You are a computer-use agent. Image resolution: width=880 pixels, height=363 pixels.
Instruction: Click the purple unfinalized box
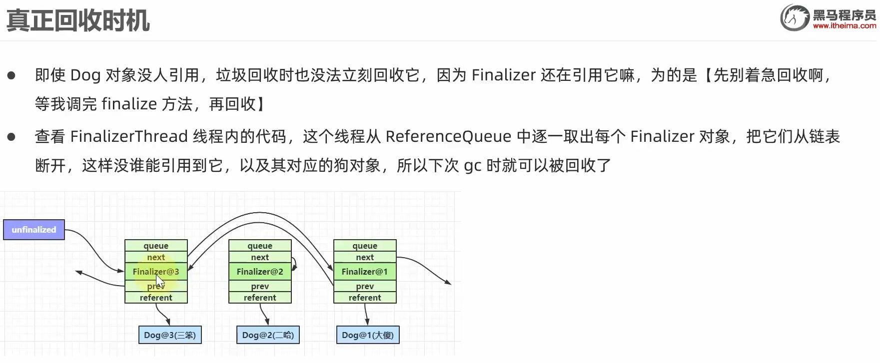pos(34,230)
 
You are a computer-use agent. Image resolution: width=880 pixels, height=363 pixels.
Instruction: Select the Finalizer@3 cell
pos(156,272)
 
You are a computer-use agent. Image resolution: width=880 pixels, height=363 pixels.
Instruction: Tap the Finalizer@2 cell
pos(260,272)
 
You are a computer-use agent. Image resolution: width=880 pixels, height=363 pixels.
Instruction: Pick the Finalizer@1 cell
pos(365,272)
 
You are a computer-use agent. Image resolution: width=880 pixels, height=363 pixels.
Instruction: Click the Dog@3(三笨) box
pos(170,335)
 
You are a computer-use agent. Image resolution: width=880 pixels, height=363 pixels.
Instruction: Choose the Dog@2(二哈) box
pos(268,335)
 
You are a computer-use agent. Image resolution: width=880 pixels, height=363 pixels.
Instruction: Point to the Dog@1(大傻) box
pos(368,335)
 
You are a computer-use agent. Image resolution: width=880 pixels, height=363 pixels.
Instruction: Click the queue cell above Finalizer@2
pos(260,246)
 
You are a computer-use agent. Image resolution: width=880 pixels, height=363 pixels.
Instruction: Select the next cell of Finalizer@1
pos(365,257)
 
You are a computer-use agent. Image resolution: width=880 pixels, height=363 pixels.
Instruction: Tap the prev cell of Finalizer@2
pos(260,286)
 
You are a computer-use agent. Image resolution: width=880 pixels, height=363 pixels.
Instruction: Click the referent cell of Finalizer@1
pos(365,298)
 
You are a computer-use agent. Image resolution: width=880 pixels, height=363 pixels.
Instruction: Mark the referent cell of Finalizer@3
pos(156,298)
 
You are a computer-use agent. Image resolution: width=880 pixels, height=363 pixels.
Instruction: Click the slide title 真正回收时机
pos(78,21)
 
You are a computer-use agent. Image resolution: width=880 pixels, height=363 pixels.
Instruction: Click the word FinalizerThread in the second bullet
pos(129,136)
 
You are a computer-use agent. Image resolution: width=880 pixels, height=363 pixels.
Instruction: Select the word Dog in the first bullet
pos(85,75)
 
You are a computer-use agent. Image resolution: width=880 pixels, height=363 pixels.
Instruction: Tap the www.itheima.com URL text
pos(844,26)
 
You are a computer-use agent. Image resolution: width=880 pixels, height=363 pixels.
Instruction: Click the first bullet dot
pos(11,76)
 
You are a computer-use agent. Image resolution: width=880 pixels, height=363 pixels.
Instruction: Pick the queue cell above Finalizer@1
pos(365,246)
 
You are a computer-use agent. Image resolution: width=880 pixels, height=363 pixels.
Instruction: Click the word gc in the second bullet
pos(472,165)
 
